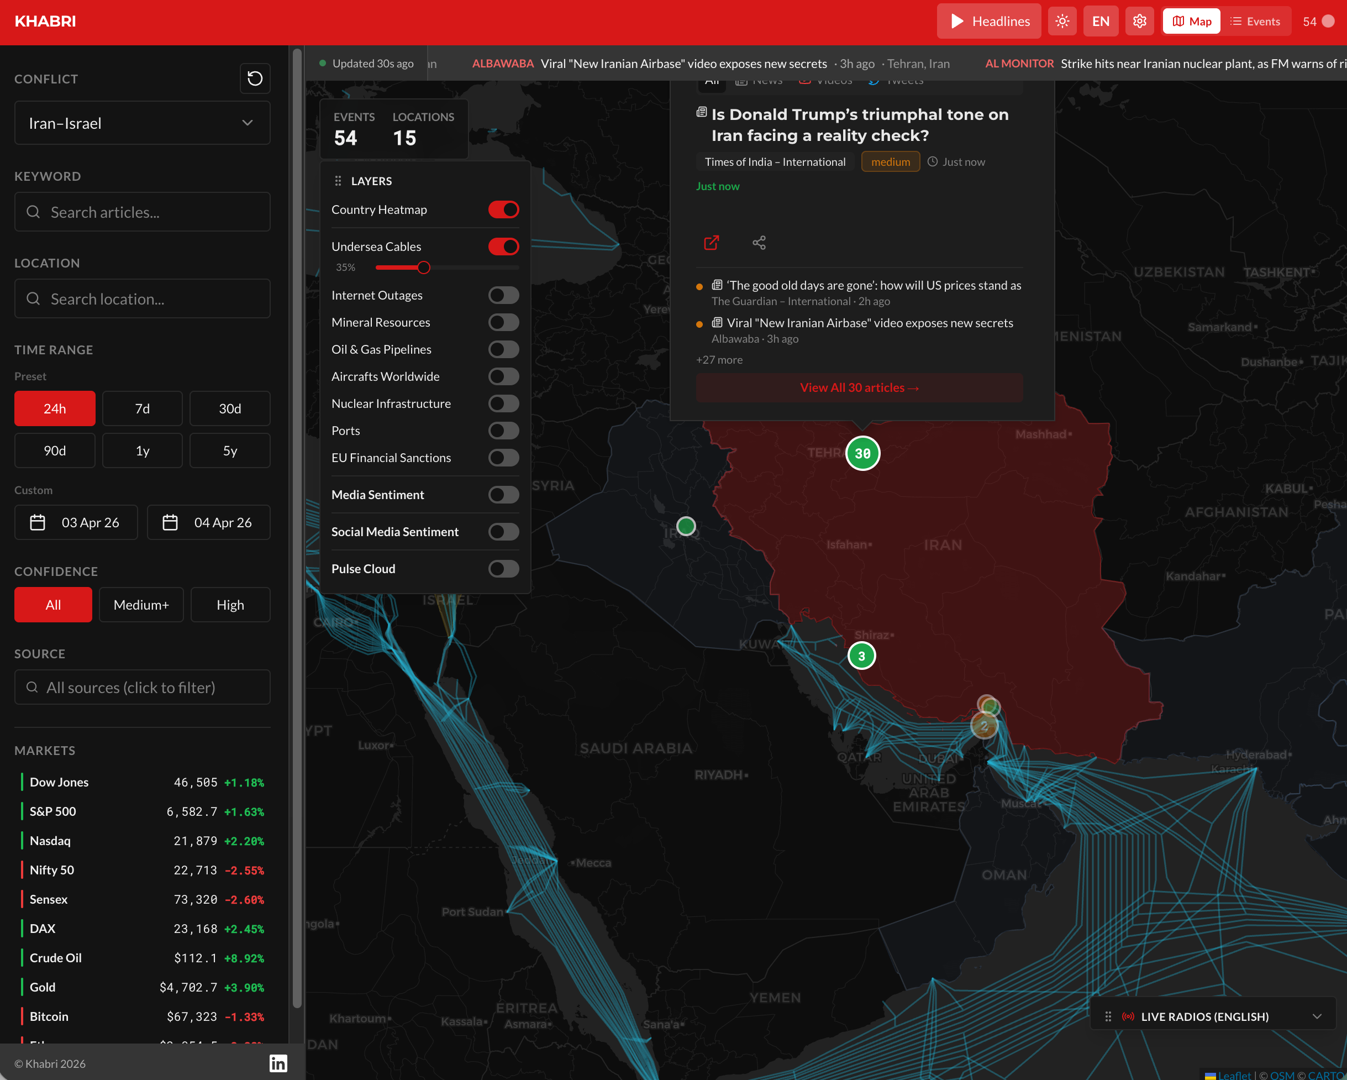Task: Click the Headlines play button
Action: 988,21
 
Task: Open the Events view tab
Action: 1256,21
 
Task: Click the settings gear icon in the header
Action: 1140,21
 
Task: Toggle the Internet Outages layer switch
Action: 503,295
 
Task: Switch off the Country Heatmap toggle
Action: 503,210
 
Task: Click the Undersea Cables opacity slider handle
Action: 424,268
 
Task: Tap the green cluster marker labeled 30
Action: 862,453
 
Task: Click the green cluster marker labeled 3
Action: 861,656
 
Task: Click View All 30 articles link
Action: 859,387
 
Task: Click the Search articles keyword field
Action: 143,212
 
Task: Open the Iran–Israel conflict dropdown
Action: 143,123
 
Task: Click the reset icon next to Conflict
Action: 255,78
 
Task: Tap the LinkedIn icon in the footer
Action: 278,1063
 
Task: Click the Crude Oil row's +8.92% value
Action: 244,958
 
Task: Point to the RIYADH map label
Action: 720,775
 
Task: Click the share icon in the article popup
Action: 759,243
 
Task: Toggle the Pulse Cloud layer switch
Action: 503,569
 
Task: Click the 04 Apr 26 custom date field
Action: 209,522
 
